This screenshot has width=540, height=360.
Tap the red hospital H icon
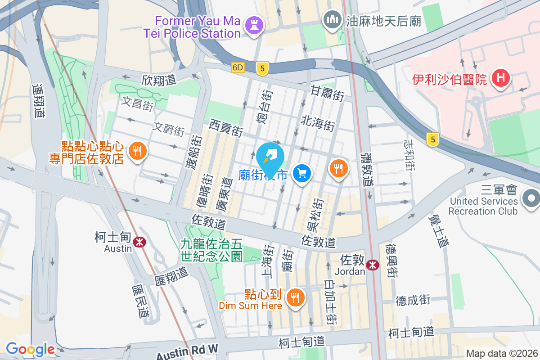coord(500,78)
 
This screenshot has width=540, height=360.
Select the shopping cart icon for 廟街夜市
coord(302,173)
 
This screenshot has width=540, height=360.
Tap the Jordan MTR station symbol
coord(372,265)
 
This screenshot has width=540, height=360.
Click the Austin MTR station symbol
coord(139,242)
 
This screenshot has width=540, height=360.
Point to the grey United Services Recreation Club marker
coord(531,198)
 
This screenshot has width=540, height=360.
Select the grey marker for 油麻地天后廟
coord(333,20)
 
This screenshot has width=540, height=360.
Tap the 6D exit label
coord(238,68)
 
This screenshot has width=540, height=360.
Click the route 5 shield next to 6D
coord(262,68)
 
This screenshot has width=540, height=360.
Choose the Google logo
coord(30,349)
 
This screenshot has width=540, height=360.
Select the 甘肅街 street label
coord(327,93)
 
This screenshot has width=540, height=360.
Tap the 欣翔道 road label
coord(158,80)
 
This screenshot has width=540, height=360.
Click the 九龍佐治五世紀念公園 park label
coord(211,250)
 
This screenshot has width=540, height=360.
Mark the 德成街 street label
coord(413,300)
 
